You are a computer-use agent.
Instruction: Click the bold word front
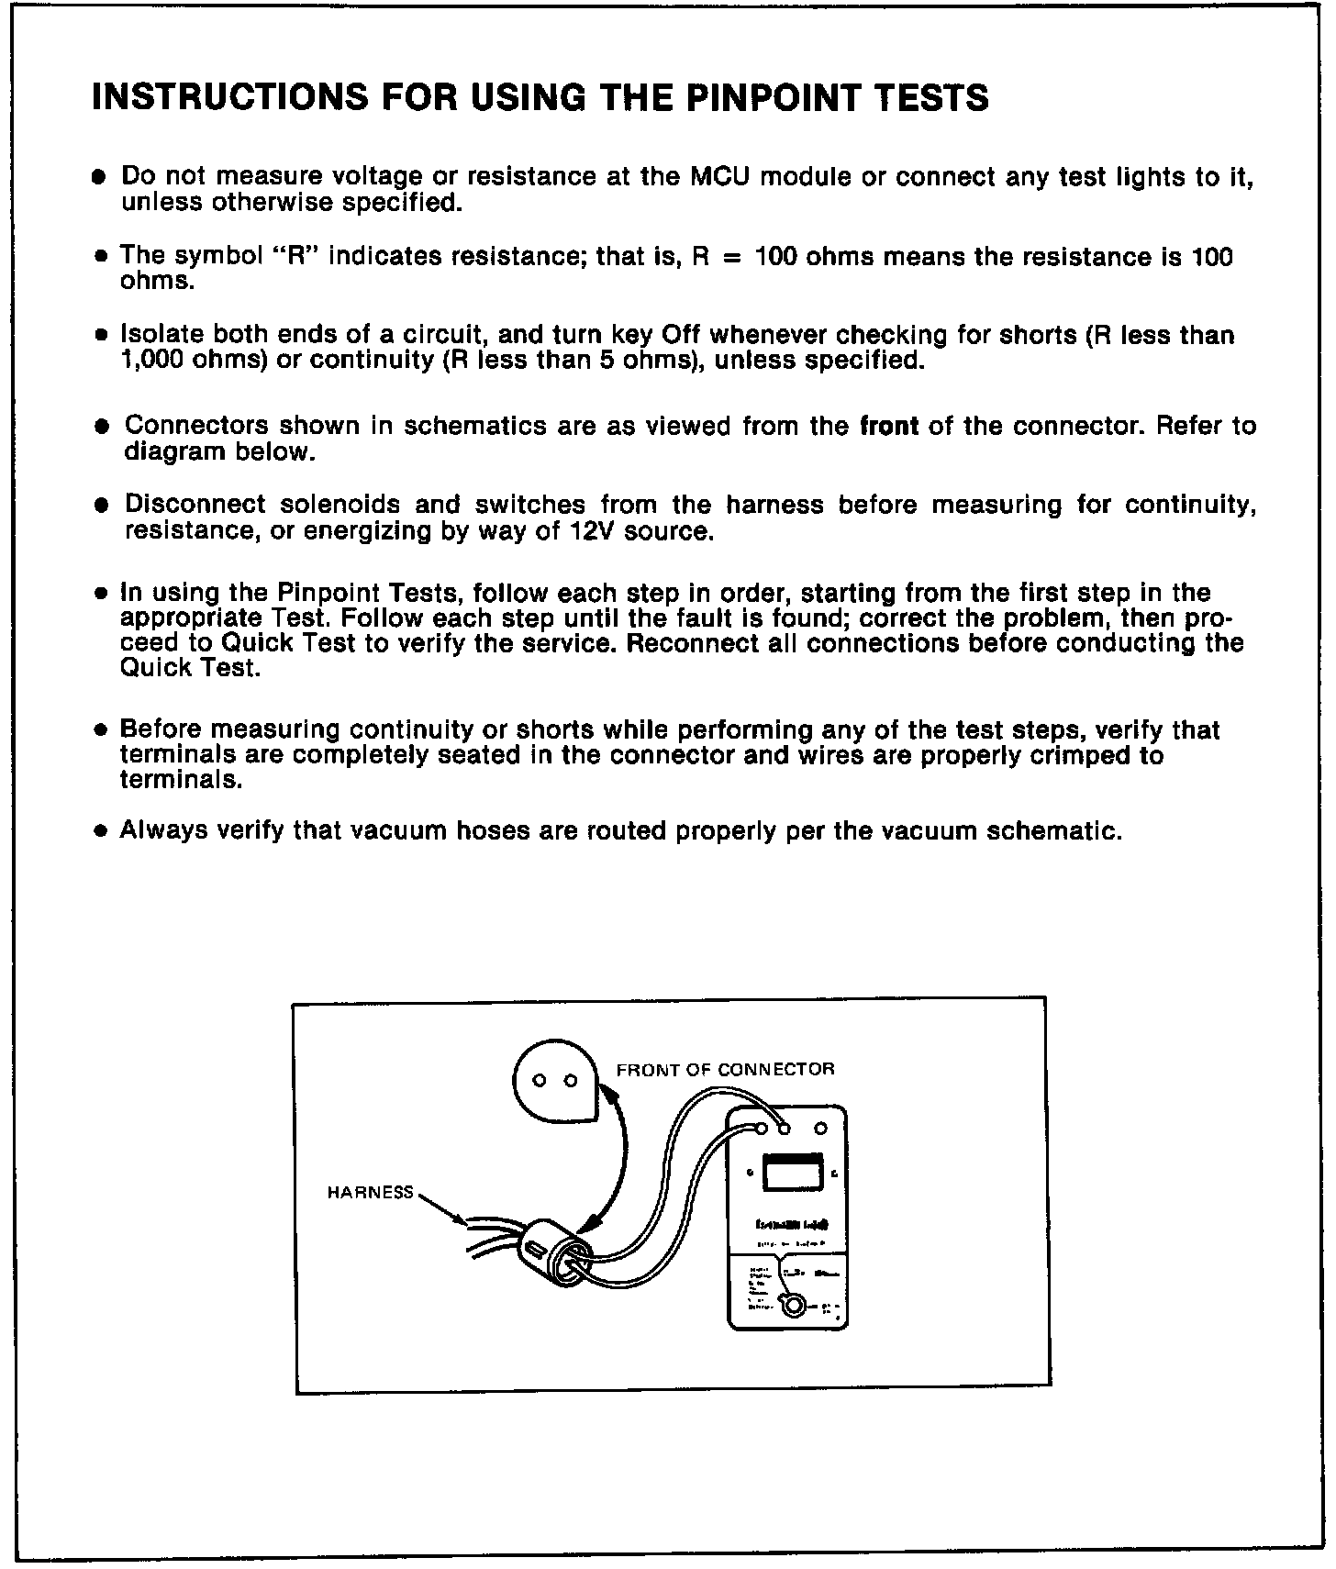pos(889,427)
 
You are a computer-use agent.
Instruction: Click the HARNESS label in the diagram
pos(371,1193)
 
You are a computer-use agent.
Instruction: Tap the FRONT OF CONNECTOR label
pos(725,1070)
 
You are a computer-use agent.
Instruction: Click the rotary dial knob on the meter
pos(790,1306)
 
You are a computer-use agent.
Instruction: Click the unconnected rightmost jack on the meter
pos(821,1128)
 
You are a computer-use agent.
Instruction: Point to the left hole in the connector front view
pos(540,1081)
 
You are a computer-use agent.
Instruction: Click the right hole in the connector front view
pos(570,1081)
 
